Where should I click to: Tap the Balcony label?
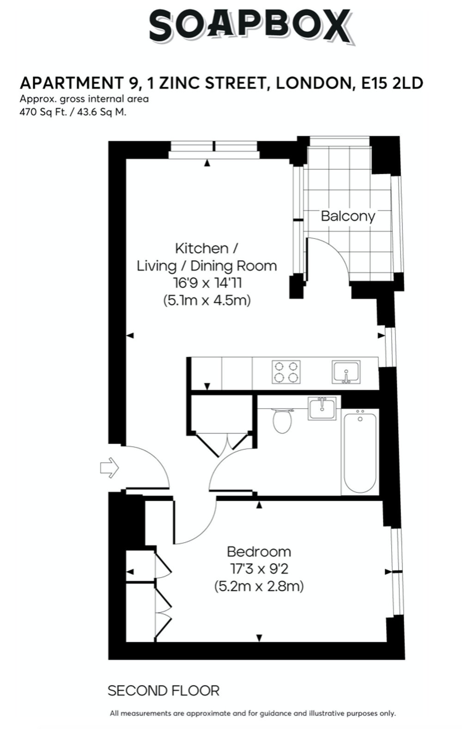[x=348, y=216]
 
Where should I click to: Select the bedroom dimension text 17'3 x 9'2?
[x=259, y=569]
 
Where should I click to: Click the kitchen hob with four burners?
[x=286, y=372]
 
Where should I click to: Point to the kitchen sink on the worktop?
[x=346, y=372]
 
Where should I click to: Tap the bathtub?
[x=360, y=453]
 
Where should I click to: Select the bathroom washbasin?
[x=322, y=408]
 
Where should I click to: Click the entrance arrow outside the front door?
[x=109, y=468]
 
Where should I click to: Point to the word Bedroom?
[x=259, y=552]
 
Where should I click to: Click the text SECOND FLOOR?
[x=164, y=691]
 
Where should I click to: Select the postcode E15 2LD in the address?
[x=392, y=83]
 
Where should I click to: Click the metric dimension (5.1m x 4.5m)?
[x=207, y=300]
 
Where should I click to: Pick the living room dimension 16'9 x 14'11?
[x=207, y=283]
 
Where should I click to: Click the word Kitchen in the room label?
[x=201, y=249]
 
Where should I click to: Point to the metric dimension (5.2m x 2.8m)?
[x=259, y=587]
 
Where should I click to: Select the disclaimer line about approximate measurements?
[x=253, y=713]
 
